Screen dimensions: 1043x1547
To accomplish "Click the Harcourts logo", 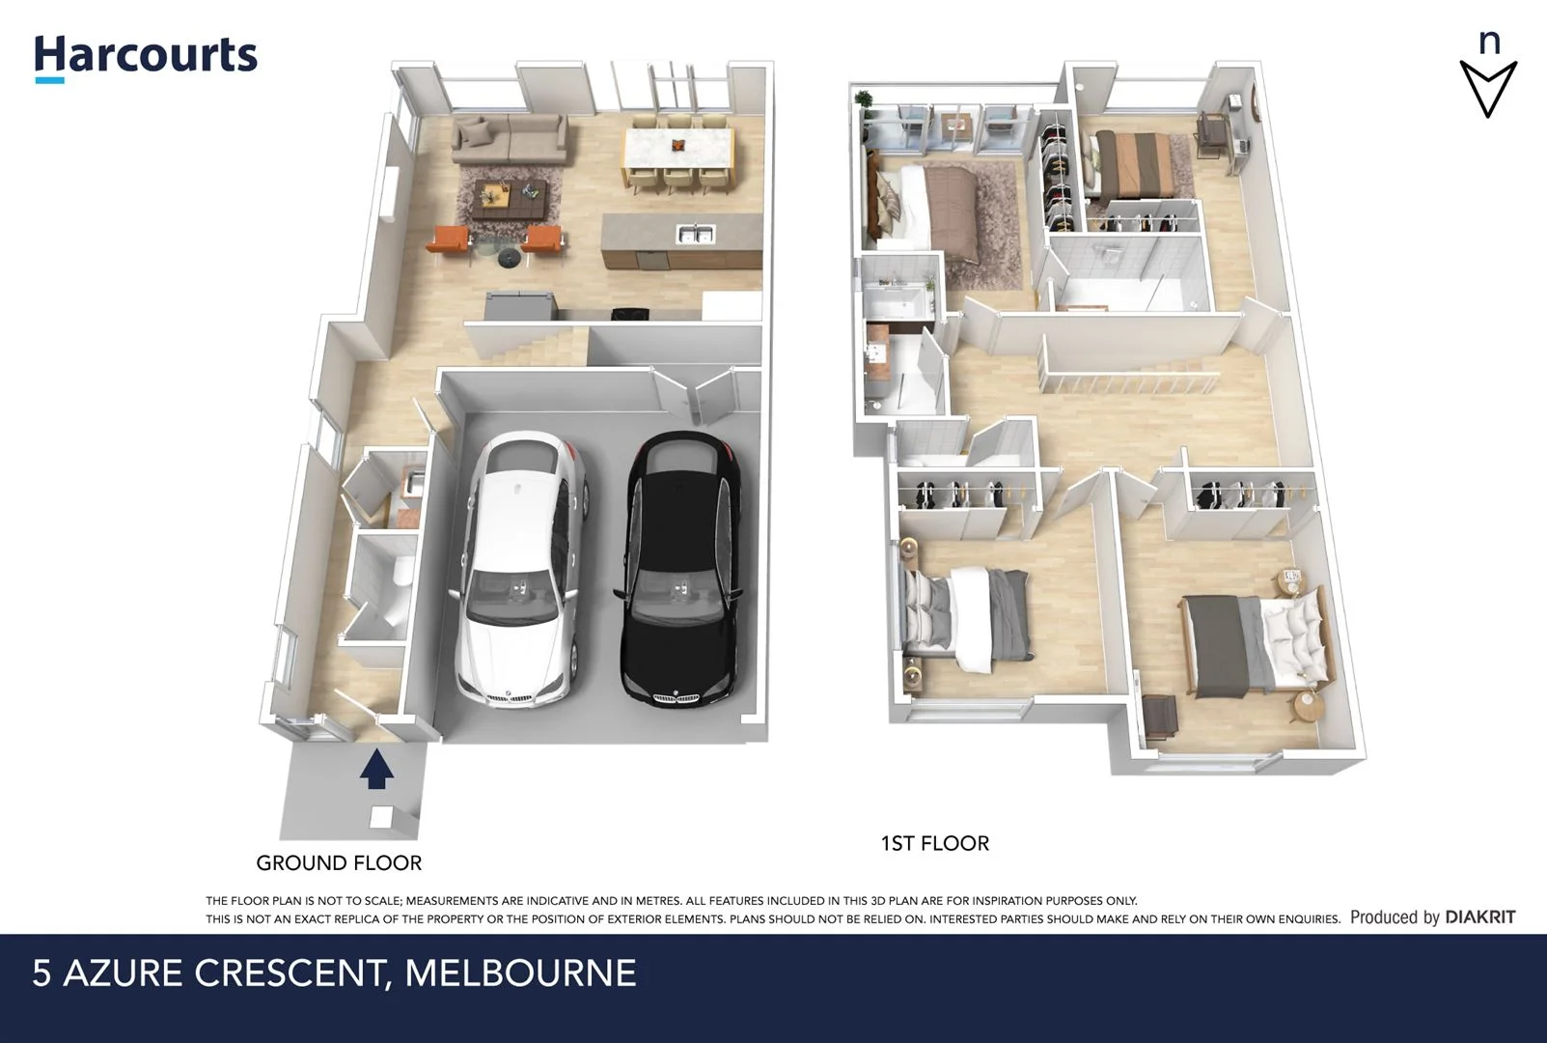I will tap(146, 56).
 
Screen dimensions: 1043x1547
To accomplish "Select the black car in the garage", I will tap(683, 570).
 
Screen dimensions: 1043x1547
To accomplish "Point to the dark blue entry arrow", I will tap(376, 771).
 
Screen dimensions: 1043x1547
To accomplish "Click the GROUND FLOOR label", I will tap(339, 862).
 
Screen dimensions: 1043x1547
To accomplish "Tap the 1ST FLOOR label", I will tap(934, 843).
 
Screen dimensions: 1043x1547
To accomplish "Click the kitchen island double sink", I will tap(695, 234).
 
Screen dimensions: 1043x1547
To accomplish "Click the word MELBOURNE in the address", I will tap(520, 973).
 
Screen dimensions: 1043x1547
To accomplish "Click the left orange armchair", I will tap(449, 240).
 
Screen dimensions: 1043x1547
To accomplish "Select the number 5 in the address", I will tap(41, 973).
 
